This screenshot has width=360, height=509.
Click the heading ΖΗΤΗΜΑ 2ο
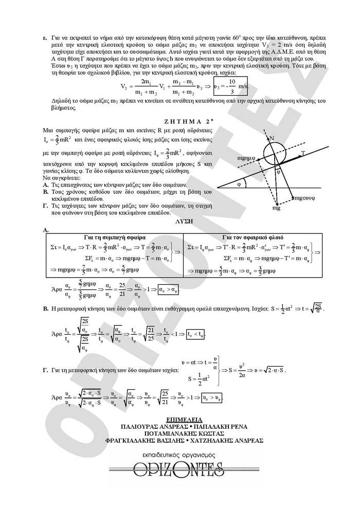180,121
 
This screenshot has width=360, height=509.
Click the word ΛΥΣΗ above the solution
184,220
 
